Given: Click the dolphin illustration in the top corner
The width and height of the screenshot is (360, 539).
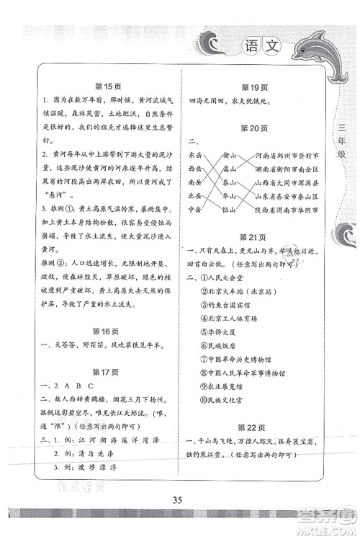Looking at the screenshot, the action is pyautogui.click(x=328, y=50).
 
